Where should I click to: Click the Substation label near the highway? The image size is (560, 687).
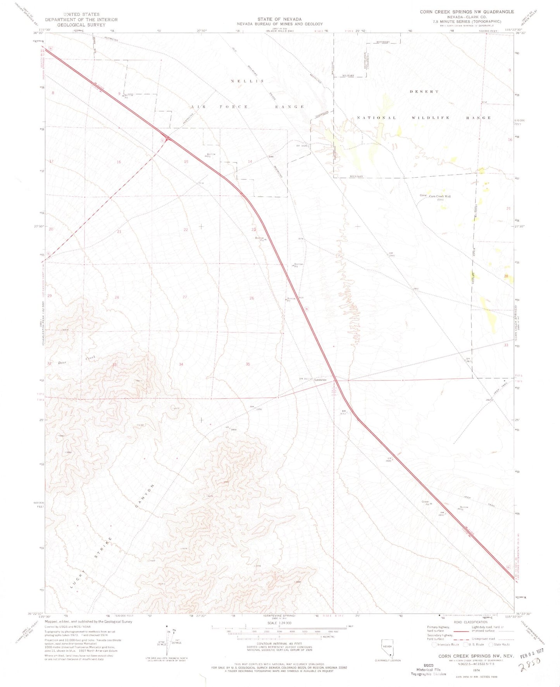point(320,380)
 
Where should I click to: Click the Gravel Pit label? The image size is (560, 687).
point(426,503)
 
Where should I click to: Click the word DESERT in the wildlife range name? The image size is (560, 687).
point(424,92)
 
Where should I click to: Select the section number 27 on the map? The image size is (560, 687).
point(185,297)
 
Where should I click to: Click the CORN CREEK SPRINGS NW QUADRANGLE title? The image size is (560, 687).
point(467,12)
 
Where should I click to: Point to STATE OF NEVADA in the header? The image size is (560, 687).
point(279,19)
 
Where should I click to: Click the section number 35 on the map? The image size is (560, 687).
point(248,364)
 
